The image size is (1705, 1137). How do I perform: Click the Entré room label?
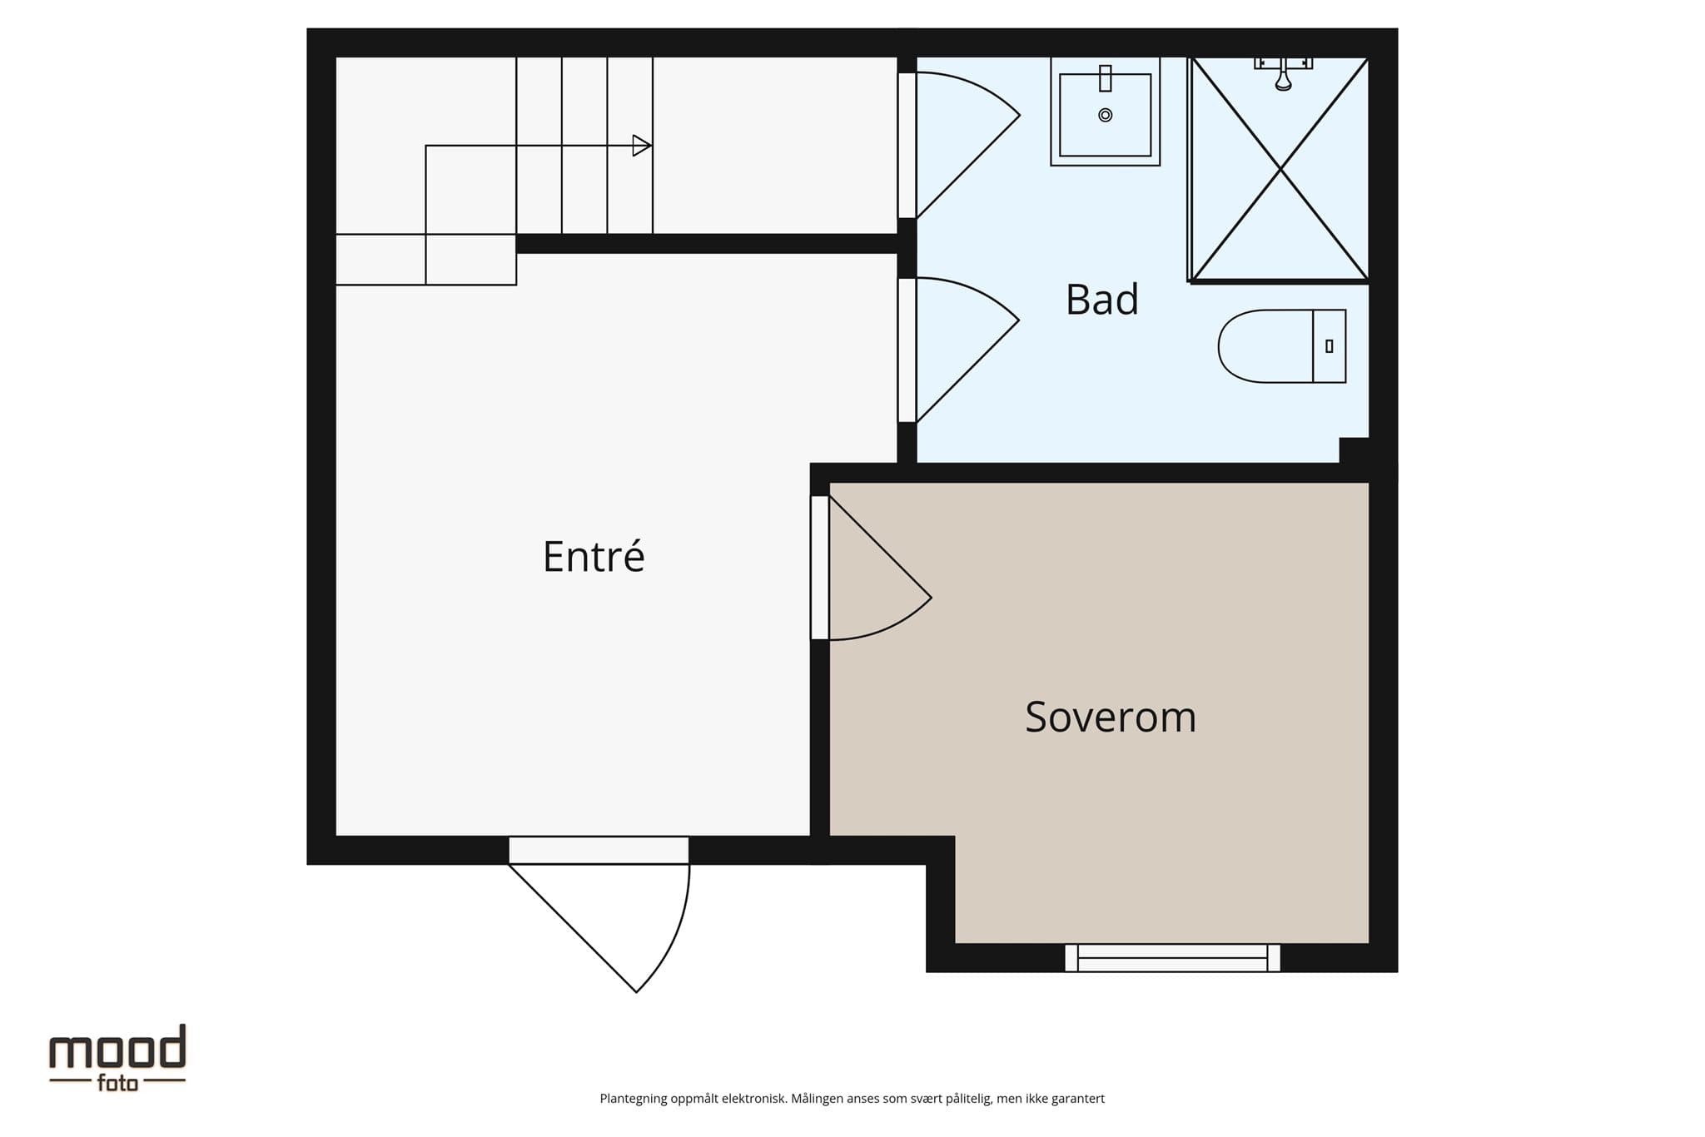[x=594, y=556]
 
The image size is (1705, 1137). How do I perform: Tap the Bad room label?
[x=1101, y=299]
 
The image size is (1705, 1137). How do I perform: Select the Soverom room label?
[x=1111, y=717]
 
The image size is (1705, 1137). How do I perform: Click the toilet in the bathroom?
[x=1282, y=346]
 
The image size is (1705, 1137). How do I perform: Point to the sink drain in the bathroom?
[x=1106, y=115]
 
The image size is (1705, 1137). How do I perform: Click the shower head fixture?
[x=1284, y=74]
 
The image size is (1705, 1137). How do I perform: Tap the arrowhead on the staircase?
[x=642, y=146]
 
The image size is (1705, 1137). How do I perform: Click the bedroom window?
[x=1172, y=957]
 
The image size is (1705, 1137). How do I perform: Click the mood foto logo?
[x=117, y=1058]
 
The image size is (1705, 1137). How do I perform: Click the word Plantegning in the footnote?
[x=634, y=1099]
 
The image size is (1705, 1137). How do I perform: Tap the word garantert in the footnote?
[x=1078, y=1099]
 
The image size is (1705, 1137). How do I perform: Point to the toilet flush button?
[x=1329, y=346]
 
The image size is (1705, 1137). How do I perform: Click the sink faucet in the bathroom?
[x=1106, y=78]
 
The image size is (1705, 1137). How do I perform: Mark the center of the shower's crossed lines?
[x=1280, y=169]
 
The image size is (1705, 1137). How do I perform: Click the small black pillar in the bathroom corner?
[x=1355, y=450]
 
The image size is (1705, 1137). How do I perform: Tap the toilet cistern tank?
[x=1330, y=346]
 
